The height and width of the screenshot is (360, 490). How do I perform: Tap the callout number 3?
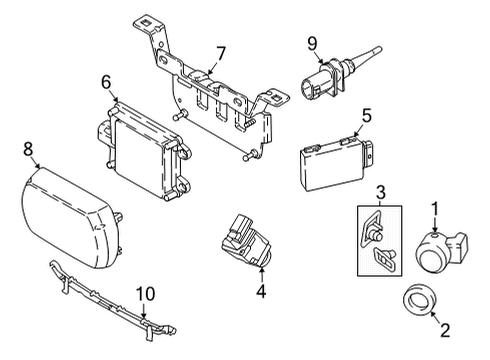380,192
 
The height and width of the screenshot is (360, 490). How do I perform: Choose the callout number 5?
367,115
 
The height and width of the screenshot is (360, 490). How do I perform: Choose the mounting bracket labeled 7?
215,100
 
